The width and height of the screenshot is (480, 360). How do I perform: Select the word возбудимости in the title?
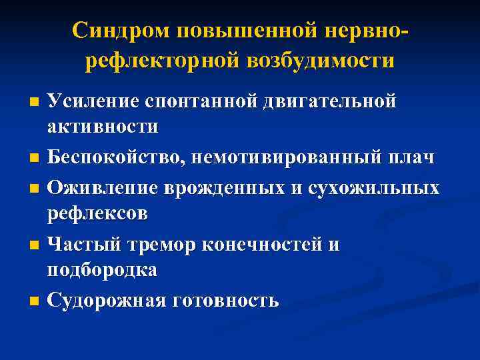coord(321,61)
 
